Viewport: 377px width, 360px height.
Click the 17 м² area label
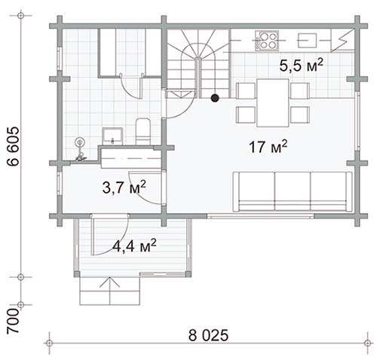coord(268,147)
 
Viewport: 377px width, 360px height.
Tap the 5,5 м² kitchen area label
coord(301,66)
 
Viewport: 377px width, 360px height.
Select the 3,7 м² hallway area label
coord(124,188)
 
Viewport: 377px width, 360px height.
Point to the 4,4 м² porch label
coord(134,246)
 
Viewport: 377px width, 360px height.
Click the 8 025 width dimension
coord(208,335)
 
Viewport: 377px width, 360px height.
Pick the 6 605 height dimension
coord(13,147)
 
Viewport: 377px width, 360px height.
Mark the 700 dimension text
coord(13,322)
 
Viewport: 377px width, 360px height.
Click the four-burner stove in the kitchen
coord(267,40)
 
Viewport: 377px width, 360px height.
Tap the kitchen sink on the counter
coord(307,40)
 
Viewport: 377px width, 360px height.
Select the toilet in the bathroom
coord(143,132)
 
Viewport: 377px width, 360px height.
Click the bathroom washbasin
coord(112,136)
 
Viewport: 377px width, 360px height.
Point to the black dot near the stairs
coord(215,98)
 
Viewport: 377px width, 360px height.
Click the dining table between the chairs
coord(273,102)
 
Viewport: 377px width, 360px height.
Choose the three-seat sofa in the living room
coord(293,191)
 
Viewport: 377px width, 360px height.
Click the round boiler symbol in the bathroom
coord(80,143)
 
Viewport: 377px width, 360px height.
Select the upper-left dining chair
coord(246,90)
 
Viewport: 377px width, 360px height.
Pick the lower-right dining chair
coord(299,114)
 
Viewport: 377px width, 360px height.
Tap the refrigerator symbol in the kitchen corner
coord(343,40)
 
